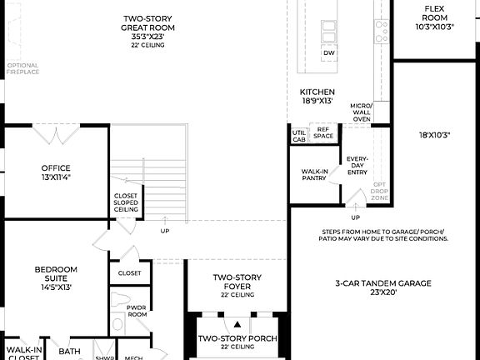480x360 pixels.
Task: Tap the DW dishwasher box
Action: [329, 53]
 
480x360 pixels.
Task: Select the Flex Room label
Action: [433, 17]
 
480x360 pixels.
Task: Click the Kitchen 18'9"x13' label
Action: [317, 96]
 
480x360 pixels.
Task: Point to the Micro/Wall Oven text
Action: [361, 112]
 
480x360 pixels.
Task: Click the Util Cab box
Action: [298, 136]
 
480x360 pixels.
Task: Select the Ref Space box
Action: [322, 132]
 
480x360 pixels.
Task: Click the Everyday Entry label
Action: [357, 164]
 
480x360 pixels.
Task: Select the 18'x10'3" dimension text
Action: [434, 134]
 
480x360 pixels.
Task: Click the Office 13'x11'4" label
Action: [56, 172]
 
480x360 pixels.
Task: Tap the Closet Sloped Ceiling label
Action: [126, 202]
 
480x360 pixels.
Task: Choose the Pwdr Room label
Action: [136, 312]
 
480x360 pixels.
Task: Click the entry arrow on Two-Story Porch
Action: [237, 324]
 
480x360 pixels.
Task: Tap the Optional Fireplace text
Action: [22, 68]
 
